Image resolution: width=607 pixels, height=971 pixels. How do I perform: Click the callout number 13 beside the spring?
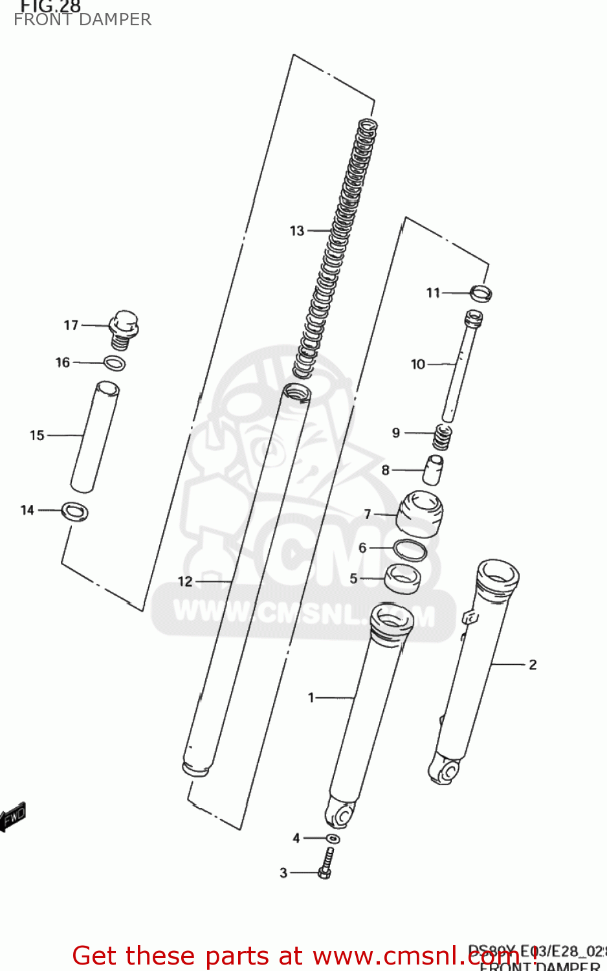pos(296,231)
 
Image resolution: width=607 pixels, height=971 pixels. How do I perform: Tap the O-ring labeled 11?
pos(481,293)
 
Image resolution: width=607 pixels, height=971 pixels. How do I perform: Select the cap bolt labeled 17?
pos(124,328)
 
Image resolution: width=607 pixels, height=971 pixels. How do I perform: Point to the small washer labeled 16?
pos(115,363)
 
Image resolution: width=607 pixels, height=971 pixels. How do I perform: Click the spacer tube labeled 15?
pos(94,436)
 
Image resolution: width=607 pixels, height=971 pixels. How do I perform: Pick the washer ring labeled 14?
pos(75,511)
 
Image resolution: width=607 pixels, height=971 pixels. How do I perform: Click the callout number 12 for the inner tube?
pos(185,581)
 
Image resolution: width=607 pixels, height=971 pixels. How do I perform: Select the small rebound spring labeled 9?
pos(442,437)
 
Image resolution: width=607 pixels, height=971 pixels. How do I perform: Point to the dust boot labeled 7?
pos(419,513)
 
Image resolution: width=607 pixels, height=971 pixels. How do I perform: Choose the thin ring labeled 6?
pos(410,550)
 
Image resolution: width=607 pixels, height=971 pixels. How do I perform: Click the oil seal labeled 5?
pos(402,577)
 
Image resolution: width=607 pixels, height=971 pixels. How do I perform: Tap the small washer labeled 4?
pos(333,839)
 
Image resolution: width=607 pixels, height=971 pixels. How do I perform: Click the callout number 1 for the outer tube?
pos(311,697)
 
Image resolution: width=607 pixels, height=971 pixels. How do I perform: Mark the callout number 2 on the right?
pos(533,665)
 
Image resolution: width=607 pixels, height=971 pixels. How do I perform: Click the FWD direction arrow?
pos(12,817)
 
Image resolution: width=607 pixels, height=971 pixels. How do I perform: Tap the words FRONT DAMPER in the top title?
pos(83,20)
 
